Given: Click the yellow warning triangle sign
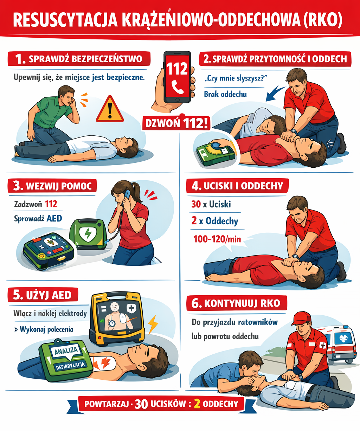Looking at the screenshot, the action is pyautogui.click(x=110, y=109).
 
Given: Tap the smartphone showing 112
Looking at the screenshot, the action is pyautogui.click(x=177, y=77).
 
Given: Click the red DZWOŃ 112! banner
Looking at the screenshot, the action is pyautogui.click(x=176, y=123).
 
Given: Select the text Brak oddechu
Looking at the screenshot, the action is pyautogui.click(x=225, y=94).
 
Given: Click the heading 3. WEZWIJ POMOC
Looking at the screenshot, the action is pyautogui.click(x=52, y=186).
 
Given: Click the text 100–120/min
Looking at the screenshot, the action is pyautogui.click(x=217, y=239).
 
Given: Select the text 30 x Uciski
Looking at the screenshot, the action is pyautogui.click(x=211, y=204).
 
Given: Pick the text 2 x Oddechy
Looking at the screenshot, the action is pyautogui.click(x=215, y=221).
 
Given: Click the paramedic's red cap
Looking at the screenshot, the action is pyautogui.click(x=301, y=318).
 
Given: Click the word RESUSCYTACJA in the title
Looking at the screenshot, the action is pyautogui.click(x=65, y=20).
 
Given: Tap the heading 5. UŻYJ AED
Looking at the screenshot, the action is pyautogui.click(x=43, y=295).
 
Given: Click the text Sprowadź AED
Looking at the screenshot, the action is pyautogui.click(x=38, y=218).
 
